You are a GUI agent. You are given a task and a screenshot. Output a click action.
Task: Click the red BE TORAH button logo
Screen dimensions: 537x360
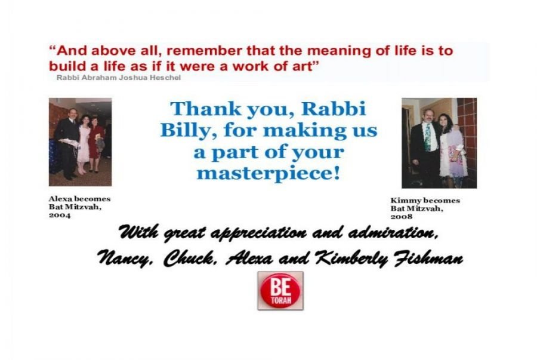click(x=280, y=291)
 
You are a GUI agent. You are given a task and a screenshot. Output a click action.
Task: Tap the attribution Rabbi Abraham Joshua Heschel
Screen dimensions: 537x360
click(x=119, y=78)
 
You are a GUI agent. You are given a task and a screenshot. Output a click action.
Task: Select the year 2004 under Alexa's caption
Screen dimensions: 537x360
click(x=60, y=216)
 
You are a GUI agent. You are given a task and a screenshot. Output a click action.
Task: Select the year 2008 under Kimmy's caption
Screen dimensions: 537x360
click(x=402, y=217)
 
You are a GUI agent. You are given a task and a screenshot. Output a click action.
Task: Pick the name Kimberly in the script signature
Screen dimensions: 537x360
click(x=351, y=259)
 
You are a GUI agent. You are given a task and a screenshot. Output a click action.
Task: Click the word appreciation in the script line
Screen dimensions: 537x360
click(x=258, y=233)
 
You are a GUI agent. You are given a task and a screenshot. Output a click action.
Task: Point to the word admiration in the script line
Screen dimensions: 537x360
click(x=393, y=233)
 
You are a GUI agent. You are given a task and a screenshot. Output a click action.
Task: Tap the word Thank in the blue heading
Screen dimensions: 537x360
click(x=205, y=109)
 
